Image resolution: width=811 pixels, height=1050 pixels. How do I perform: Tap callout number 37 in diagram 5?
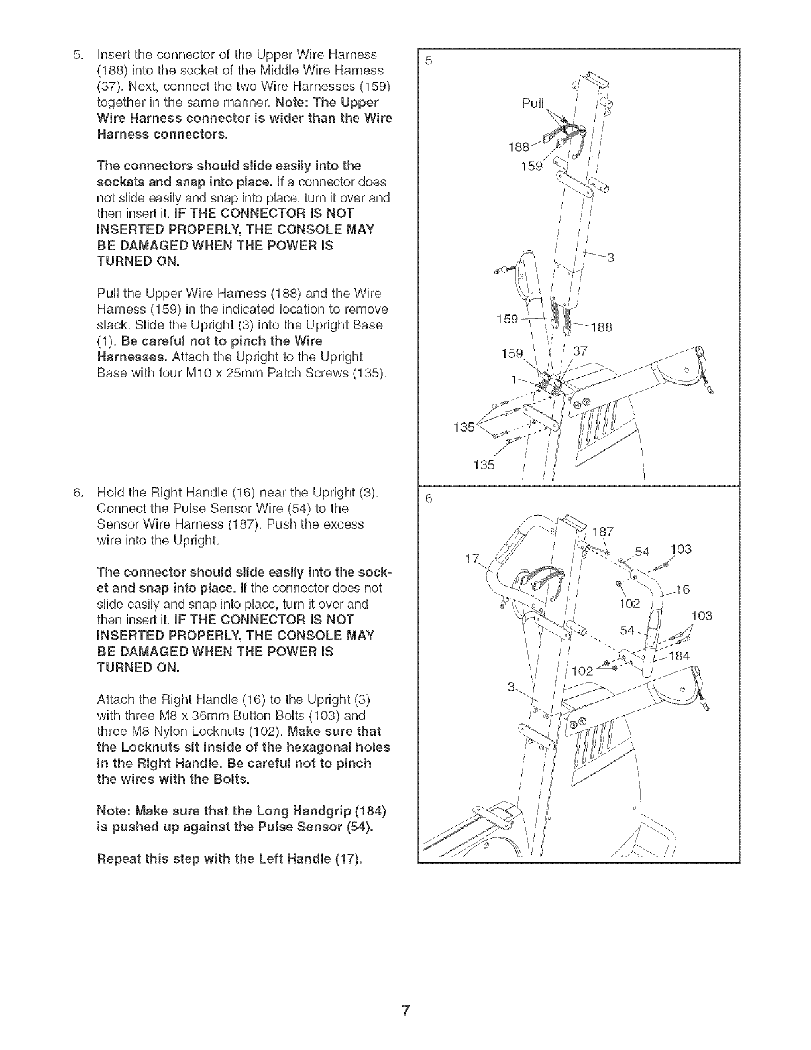[x=580, y=351]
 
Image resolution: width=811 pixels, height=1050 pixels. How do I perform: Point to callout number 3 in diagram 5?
[x=611, y=258]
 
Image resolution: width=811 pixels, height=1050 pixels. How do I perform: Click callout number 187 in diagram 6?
[x=602, y=531]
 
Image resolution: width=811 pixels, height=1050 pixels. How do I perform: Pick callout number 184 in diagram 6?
[x=679, y=656]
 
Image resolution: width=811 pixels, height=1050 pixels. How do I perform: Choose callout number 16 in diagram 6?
[x=682, y=590]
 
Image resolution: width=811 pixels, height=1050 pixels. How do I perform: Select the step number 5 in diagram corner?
[x=428, y=60]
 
